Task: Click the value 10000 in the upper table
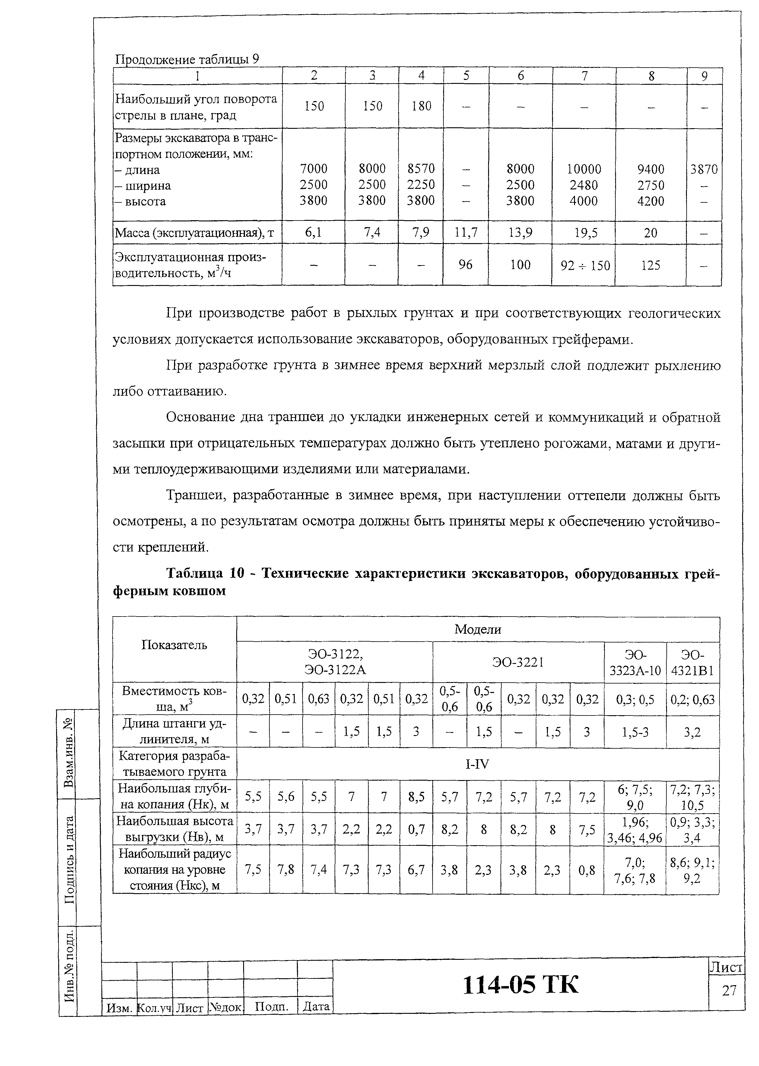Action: (584, 169)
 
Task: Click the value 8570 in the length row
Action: (421, 168)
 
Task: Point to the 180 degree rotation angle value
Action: (421, 106)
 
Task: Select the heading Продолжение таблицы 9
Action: (187, 60)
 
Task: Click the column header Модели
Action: (478, 630)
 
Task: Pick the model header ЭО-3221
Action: (518, 662)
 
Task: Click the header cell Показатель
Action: (174, 646)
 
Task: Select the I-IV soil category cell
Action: (478, 764)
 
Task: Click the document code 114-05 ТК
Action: (520, 985)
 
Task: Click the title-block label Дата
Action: (316, 1006)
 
